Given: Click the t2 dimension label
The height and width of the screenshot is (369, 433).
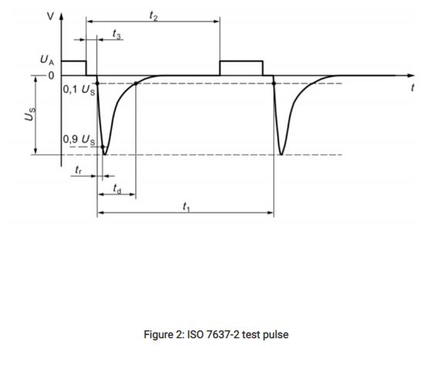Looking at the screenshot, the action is pyautogui.click(x=154, y=15).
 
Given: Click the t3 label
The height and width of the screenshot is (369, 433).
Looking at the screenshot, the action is pyautogui.click(x=117, y=35).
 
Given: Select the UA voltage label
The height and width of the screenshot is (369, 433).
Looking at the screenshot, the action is pyautogui.click(x=47, y=60).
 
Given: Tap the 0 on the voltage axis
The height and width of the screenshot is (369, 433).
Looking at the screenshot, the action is pyautogui.click(x=52, y=76).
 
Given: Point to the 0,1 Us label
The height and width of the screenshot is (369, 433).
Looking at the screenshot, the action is pyautogui.click(x=79, y=90).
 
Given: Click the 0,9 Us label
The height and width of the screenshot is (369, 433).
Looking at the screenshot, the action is pyautogui.click(x=79, y=140).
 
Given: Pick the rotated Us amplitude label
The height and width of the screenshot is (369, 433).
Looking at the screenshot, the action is pyautogui.click(x=30, y=114).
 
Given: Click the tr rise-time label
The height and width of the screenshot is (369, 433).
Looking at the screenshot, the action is pyautogui.click(x=79, y=170).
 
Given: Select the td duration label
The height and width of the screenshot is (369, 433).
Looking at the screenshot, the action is pyautogui.click(x=117, y=188).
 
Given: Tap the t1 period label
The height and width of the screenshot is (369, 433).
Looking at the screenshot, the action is pyautogui.click(x=187, y=207).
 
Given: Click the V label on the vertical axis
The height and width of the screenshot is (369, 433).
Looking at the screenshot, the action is pyautogui.click(x=50, y=16).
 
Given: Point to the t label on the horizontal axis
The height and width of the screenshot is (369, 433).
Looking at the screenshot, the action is pyautogui.click(x=413, y=88).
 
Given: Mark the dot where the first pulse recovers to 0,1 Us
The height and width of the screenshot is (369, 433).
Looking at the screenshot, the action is pyautogui.click(x=136, y=83).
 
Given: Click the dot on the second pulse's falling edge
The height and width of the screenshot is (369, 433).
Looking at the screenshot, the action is pyautogui.click(x=274, y=83).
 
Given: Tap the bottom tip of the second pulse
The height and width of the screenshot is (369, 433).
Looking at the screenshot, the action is pyautogui.click(x=281, y=154).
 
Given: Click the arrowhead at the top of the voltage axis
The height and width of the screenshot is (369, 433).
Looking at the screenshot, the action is pyautogui.click(x=61, y=15).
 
